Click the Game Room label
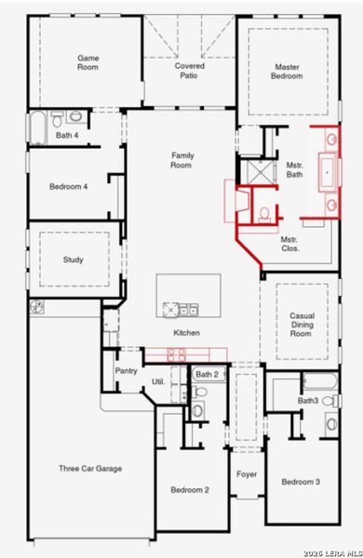coord(87,62)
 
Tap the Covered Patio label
coord(190,71)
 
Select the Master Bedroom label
coord(288,71)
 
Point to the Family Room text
coord(181,160)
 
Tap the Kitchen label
coord(186,333)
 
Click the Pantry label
coord(126,370)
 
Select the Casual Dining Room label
coord(301,325)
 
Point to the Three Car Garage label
coord(90,468)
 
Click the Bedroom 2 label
coord(190,489)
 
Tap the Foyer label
coord(247,474)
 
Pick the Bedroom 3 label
coord(301,482)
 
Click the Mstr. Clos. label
coord(289,245)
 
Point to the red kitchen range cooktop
coord(179,353)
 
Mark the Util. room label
coord(157,382)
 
